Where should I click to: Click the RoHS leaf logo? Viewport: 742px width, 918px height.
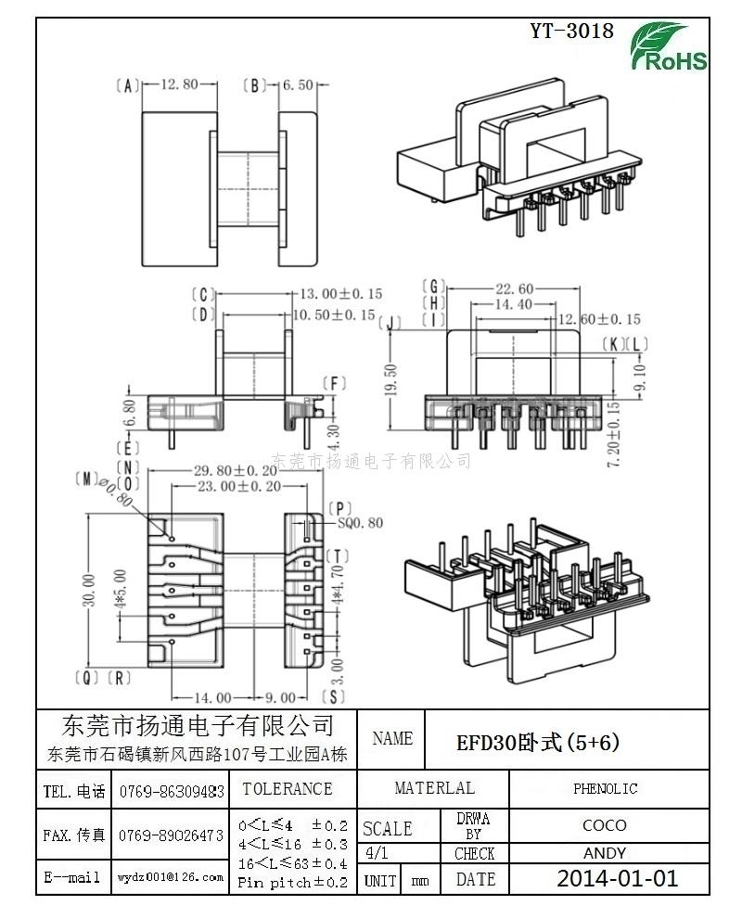[x=668, y=46]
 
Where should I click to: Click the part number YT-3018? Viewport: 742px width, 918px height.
[x=571, y=31]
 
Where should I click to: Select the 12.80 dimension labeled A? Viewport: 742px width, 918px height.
[x=179, y=84]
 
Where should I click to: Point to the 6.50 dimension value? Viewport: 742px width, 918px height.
[x=298, y=85]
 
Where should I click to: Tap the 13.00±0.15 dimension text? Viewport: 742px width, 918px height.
[x=340, y=293]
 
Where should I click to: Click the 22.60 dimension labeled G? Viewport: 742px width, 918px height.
[x=515, y=288]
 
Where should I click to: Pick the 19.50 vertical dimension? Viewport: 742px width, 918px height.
[x=391, y=379]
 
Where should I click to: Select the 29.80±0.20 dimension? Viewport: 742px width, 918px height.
[x=236, y=470]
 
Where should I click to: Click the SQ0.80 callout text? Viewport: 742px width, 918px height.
[x=360, y=522]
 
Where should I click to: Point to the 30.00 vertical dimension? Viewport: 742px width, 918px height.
[x=88, y=590]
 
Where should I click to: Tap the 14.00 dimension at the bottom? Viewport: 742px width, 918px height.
[x=212, y=697]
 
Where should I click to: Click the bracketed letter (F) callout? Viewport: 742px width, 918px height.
[x=335, y=384]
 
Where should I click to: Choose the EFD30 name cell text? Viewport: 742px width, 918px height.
[x=538, y=743]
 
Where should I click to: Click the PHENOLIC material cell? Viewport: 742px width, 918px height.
[x=605, y=788]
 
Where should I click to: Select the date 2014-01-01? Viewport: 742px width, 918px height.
[x=618, y=878]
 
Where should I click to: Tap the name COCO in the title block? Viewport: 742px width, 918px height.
[x=605, y=825]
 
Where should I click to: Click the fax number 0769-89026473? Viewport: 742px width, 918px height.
[x=171, y=835]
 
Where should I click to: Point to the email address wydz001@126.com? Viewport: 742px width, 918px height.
[x=171, y=877]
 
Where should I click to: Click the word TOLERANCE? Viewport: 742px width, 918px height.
[x=288, y=788]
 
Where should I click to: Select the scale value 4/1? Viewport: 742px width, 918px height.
[x=376, y=853]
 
